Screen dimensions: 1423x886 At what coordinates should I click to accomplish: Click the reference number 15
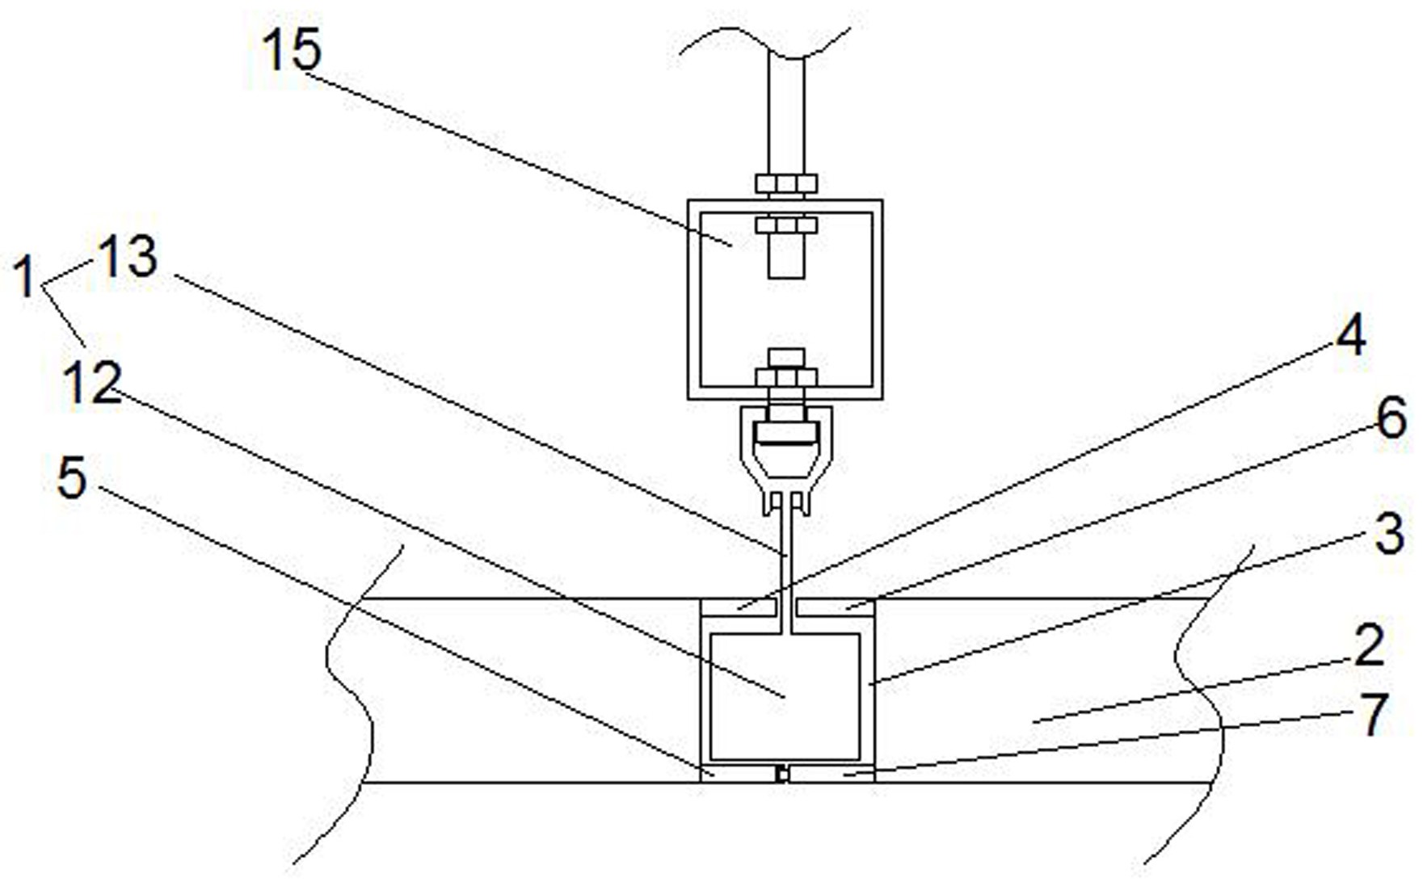[x=292, y=50]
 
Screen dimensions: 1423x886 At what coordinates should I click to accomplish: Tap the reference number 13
[x=127, y=257]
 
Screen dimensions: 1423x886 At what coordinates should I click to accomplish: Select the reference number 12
[x=93, y=382]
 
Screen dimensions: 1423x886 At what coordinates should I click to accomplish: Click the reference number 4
[x=1350, y=334]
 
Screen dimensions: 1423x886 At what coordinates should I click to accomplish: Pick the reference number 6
[x=1391, y=419]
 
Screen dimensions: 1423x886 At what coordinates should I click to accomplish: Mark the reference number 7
[x=1375, y=714]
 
